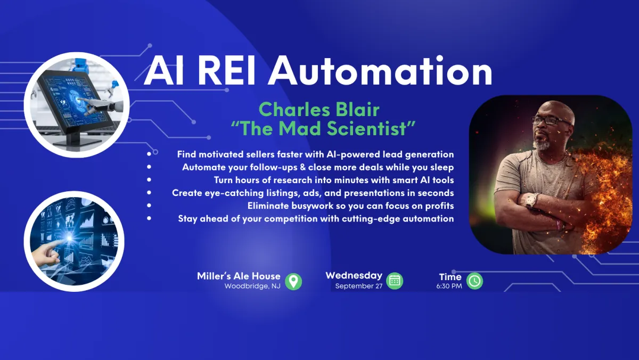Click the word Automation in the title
click(380, 71)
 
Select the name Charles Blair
click(319, 110)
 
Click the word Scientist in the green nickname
click(366, 128)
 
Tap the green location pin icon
click(293, 282)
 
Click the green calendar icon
click(395, 281)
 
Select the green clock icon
click(474, 281)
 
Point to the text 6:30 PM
click(449, 286)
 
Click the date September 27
click(358, 286)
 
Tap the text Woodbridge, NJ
click(252, 286)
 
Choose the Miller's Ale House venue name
click(239, 276)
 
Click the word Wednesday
click(354, 275)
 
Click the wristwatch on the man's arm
click(531, 201)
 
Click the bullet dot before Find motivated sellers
click(149, 154)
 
